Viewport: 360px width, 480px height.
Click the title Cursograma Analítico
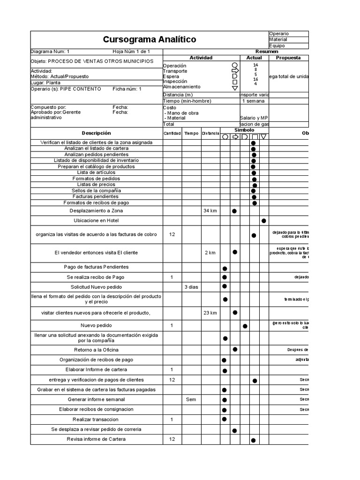click(150, 39)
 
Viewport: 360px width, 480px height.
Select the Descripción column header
click(96, 133)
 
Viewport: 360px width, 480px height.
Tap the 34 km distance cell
click(210, 211)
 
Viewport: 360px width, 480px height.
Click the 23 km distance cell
click(210, 313)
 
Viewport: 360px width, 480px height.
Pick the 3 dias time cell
click(191, 286)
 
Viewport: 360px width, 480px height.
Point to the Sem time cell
click(191, 399)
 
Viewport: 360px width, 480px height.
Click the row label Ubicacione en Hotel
click(96, 220)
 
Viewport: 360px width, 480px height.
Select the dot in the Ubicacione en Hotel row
click(264, 221)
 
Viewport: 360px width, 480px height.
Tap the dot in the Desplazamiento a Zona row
click(234, 211)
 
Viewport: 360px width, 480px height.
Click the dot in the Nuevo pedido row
click(245, 326)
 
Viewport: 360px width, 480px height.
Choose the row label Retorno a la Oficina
click(96, 350)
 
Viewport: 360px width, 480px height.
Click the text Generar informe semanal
click(96, 399)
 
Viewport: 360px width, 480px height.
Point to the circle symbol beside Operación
click(235, 65)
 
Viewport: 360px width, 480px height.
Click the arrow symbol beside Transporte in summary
click(235, 71)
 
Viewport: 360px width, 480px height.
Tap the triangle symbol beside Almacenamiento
click(235, 88)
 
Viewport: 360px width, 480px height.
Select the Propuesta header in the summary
click(288, 58)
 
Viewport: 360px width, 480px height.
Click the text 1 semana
click(254, 101)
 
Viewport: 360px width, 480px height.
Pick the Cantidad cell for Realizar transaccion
click(172, 419)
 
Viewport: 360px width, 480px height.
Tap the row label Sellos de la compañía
click(96, 191)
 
